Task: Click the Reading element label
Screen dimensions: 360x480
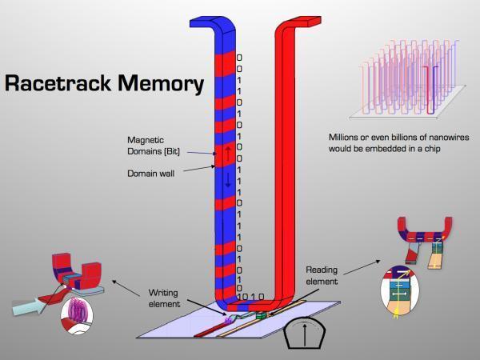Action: [x=322, y=276]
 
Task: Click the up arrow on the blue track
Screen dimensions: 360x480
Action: [x=228, y=150]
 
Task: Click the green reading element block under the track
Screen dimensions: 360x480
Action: [x=261, y=317]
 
